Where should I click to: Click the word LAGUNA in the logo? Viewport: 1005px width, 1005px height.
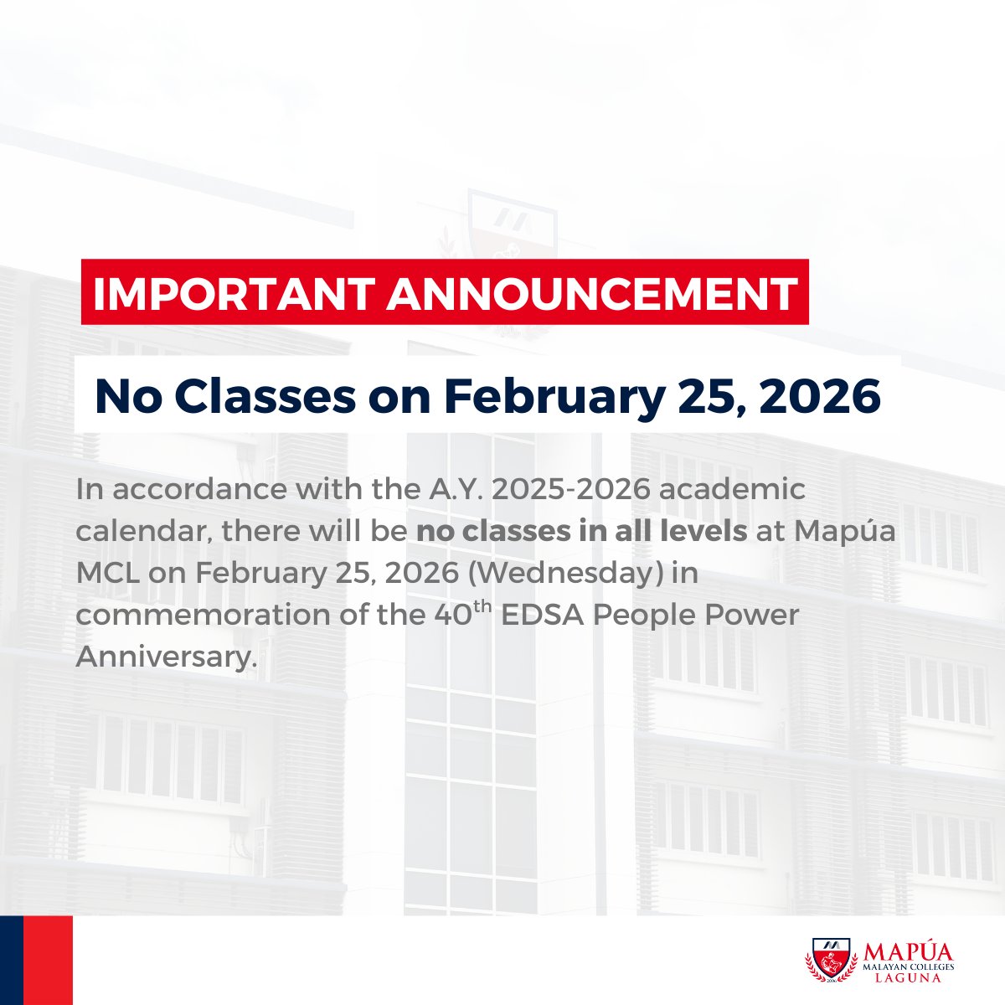(909, 978)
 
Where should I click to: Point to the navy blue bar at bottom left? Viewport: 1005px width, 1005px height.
(11, 960)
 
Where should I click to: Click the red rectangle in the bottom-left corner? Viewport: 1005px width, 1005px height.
(48, 960)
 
